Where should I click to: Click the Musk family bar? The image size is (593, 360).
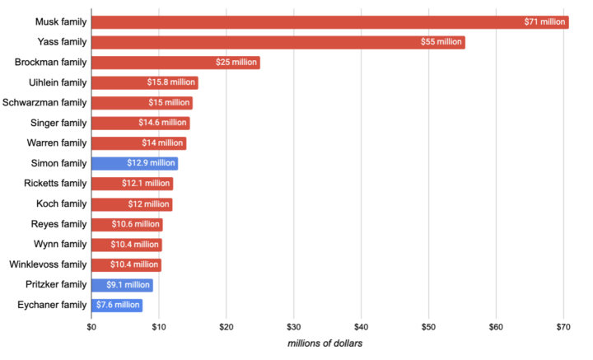(x=329, y=22)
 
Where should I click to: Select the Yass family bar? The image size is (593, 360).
(x=278, y=42)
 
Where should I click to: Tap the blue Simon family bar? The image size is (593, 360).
(x=134, y=163)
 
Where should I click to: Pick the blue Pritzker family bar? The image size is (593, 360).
(x=122, y=285)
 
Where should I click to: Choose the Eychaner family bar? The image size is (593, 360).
(x=116, y=306)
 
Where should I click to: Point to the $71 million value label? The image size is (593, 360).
(x=544, y=22)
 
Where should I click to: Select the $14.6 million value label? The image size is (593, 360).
(x=163, y=123)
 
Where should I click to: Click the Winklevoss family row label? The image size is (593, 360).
(x=48, y=264)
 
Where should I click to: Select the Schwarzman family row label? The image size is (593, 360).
(x=44, y=103)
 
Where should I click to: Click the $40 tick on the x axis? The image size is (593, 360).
(x=361, y=327)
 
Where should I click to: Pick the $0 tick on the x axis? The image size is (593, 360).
(x=91, y=327)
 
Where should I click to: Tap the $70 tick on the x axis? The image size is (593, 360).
(x=563, y=327)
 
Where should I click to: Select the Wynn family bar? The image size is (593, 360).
(x=126, y=245)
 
